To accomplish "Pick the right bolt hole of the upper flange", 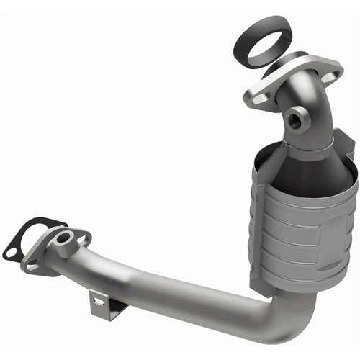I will tap(330, 74).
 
